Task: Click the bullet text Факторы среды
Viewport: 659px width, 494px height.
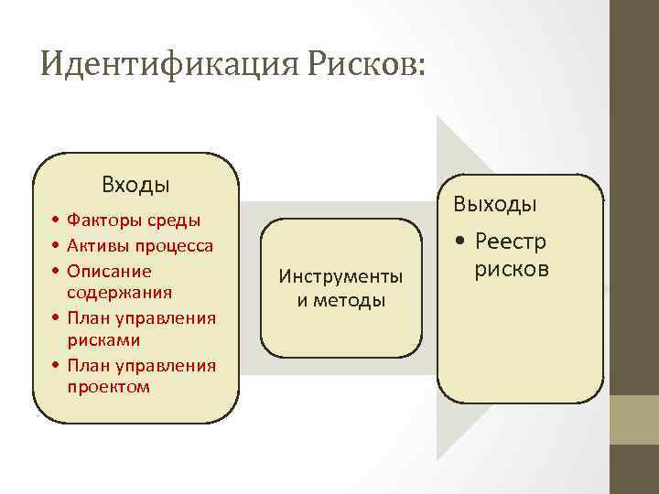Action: [x=134, y=220]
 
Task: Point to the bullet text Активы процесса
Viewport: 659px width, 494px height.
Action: [x=140, y=246]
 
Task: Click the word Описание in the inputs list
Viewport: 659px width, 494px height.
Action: [x=109, y=272]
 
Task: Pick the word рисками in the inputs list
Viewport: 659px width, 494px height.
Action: [x=103, y=340]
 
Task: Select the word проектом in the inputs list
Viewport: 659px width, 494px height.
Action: [x=108, y=387]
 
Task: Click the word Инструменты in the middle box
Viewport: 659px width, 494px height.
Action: [x=340, y=276]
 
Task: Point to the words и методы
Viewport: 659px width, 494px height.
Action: [x=340, y=300]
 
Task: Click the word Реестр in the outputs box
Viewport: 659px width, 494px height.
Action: [x=511, y=242]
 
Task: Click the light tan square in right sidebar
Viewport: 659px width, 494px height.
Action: [x=634, y=420]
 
